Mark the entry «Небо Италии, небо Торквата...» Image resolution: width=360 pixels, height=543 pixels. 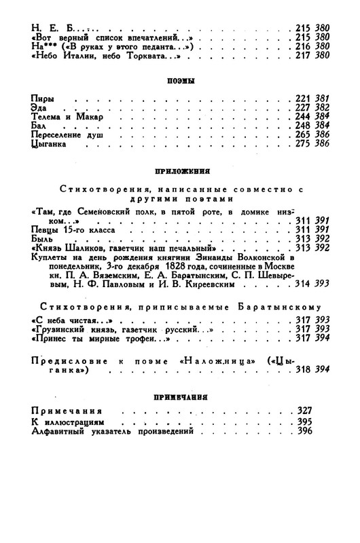[x=95, y=54]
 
